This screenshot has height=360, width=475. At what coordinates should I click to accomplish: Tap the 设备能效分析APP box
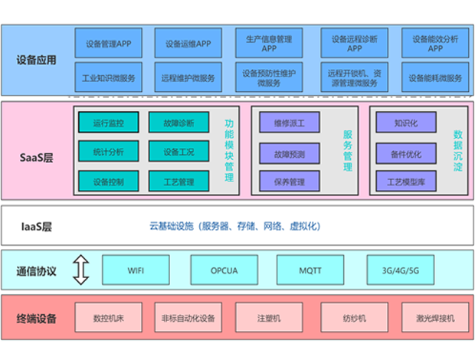(x=435, y=43)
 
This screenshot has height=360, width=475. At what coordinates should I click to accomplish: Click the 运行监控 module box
(x=107, y=123)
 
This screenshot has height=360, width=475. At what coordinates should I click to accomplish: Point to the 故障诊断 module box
(x=179, y=123)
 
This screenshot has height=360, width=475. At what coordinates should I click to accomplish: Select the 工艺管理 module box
(x=179, y=182)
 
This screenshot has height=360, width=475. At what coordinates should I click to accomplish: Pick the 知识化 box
(x=405, y=123)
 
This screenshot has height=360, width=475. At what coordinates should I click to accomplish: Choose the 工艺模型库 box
(x=405, y=182)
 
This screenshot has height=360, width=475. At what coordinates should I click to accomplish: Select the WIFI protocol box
(x=135, y=270)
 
